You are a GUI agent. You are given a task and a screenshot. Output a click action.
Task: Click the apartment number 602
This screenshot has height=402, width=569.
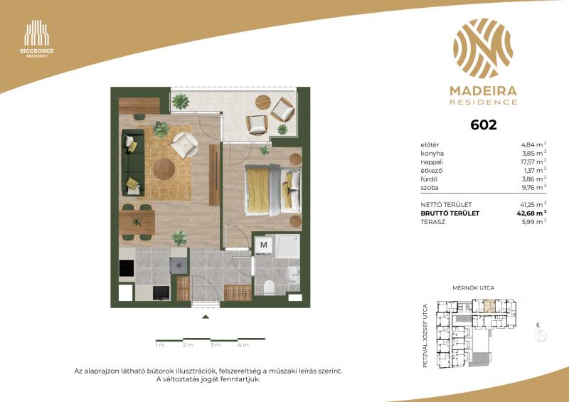484,125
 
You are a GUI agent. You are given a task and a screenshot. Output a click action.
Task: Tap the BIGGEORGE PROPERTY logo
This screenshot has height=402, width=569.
37,39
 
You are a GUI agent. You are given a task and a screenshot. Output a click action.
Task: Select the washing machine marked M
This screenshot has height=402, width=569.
263,245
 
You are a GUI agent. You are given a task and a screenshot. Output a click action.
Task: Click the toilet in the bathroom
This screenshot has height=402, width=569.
269,287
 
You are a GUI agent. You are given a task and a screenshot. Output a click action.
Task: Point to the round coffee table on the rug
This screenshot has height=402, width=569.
164,169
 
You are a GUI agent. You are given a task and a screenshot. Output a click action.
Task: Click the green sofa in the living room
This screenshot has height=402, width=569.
133,162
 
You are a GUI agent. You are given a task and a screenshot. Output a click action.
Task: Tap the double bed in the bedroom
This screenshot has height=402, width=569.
273,190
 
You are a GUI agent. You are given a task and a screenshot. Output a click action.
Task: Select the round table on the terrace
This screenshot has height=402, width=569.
262,102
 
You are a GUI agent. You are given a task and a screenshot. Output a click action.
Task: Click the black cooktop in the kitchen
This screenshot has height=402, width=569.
127,268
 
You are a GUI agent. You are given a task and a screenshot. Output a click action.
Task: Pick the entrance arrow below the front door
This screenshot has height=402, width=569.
206,317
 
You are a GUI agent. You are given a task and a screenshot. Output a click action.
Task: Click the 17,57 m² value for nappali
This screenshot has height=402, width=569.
533,162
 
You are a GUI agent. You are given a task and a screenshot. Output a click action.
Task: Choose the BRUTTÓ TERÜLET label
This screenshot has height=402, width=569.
450,213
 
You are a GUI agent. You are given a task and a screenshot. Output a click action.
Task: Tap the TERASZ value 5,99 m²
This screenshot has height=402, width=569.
534,222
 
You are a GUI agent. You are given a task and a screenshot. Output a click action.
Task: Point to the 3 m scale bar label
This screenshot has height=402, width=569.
216,345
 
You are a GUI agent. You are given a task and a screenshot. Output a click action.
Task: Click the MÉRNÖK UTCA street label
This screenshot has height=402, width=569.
473,288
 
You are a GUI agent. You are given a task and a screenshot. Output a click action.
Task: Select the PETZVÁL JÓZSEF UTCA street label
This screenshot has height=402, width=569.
425,336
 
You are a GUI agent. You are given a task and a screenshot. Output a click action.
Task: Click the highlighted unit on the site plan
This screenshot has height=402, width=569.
489,307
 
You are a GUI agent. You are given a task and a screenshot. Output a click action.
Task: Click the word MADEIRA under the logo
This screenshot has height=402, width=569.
484,91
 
